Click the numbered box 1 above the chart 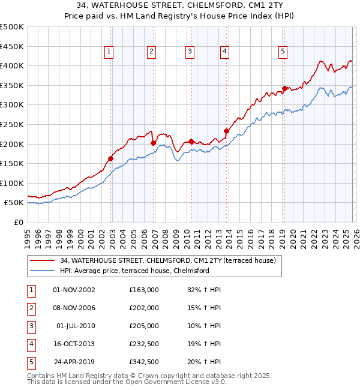109,52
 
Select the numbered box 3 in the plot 189,52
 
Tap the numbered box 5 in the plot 282,52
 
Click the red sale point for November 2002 111,158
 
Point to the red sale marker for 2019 284,88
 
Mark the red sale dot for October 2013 226,131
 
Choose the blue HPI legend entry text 134,271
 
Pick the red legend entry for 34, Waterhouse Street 167,260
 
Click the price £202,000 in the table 144,308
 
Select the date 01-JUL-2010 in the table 74,326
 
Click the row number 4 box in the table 31,344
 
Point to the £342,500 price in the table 144,362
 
